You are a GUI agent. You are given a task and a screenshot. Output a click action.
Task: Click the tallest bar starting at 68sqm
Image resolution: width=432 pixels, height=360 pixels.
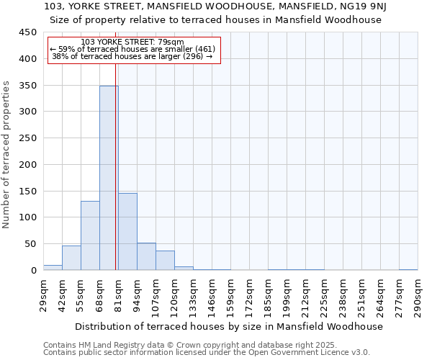click(108, 178)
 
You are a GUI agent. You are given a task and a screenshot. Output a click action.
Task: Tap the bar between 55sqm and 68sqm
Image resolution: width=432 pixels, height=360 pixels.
click(90, 235)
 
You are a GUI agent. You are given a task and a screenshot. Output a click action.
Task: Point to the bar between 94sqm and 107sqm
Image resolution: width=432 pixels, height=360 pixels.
click(146, 256)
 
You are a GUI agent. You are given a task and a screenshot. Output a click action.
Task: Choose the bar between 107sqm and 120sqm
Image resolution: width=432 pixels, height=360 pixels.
click(165, 261)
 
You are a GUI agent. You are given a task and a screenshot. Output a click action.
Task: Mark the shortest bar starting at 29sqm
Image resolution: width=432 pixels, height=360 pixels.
click(53, 267)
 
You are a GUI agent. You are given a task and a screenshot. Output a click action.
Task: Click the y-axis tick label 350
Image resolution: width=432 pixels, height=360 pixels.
click(27, 86)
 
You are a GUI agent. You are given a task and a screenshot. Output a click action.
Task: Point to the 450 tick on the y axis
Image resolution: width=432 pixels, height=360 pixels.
click(27, 32)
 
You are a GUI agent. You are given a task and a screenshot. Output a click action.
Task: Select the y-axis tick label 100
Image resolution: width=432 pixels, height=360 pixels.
click(27, 217)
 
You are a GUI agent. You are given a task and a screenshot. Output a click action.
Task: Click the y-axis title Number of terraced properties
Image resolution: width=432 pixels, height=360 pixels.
click(6, 155)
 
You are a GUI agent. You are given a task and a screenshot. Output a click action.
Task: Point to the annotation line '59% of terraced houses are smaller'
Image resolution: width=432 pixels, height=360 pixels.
click(132, 49)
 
